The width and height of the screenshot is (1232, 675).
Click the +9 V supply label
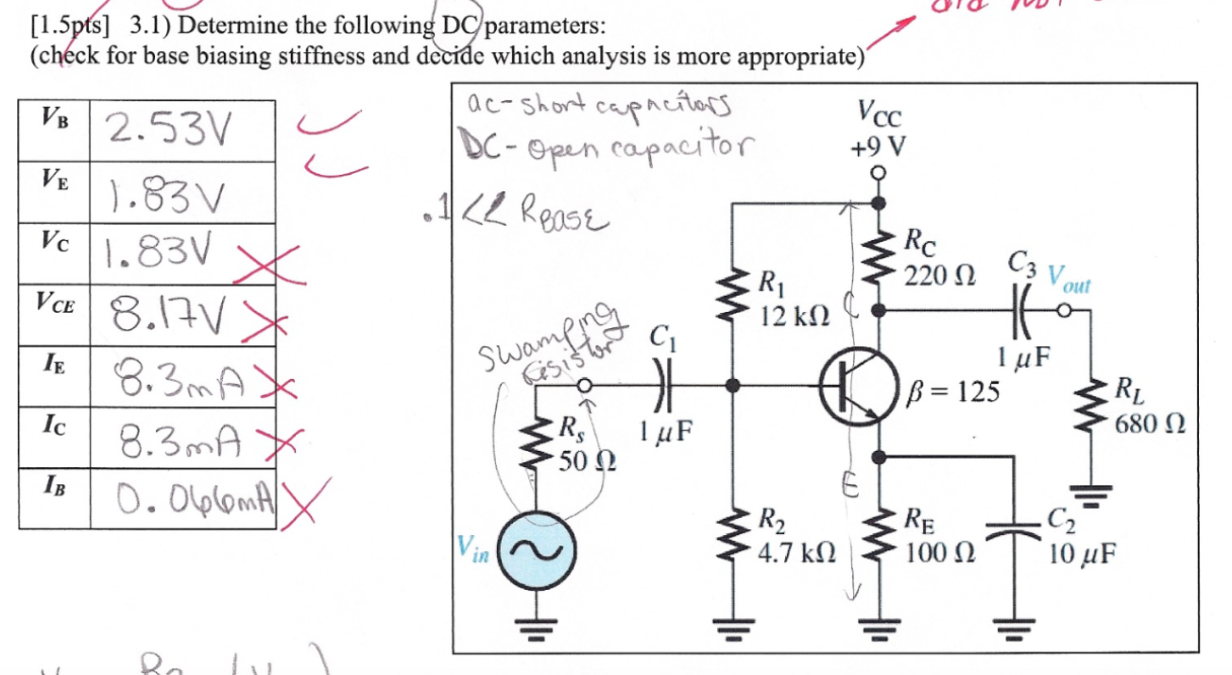coord(880,147)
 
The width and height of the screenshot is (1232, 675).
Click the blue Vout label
coord(1068,281)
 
